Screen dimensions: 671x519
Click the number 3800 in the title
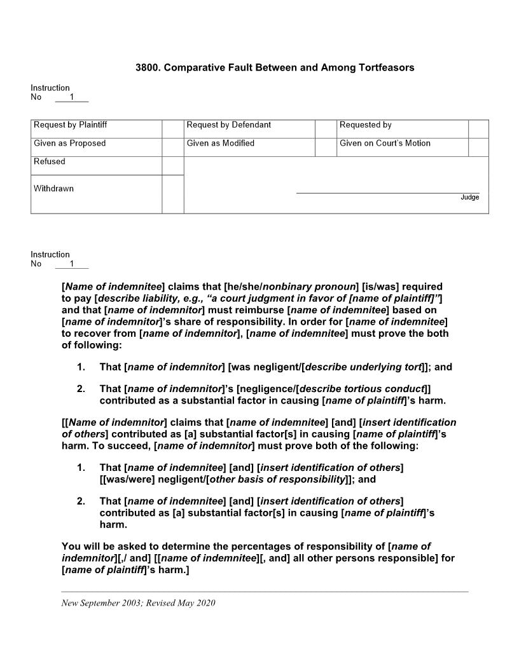coord(148,67)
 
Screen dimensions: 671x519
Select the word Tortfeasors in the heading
coord(383,67)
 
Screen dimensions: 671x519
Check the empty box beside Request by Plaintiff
coord(172,128)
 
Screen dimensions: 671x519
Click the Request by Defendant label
coord(228,125)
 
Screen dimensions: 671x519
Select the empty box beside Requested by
coord(478,128)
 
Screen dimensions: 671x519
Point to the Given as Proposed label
coord(70,144)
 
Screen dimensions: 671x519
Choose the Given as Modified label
coord(220,144)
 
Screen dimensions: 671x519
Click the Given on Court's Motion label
coord(385,144)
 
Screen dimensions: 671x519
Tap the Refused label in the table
coord(50,162)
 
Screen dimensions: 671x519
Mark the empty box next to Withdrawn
coord(172,194)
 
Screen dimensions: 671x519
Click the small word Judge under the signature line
coord(469,198)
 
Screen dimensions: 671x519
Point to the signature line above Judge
coord(387,193)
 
